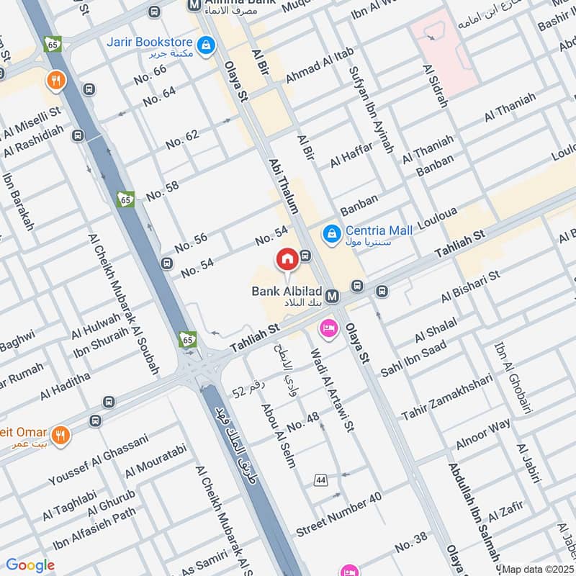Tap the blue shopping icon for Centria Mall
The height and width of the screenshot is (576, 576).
pos(332,233)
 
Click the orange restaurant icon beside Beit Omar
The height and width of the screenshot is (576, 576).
pos(62,434)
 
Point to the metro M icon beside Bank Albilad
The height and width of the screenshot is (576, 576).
pos(332,296)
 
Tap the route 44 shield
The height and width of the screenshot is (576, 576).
pos(320,480)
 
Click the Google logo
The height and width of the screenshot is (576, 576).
pos(30,565)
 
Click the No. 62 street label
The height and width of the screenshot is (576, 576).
pos(182,139)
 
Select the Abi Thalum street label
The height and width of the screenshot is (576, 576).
pos(283,186)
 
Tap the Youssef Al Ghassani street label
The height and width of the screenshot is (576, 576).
pos(98,459)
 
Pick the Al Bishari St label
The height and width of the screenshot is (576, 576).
pos(471,286)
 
